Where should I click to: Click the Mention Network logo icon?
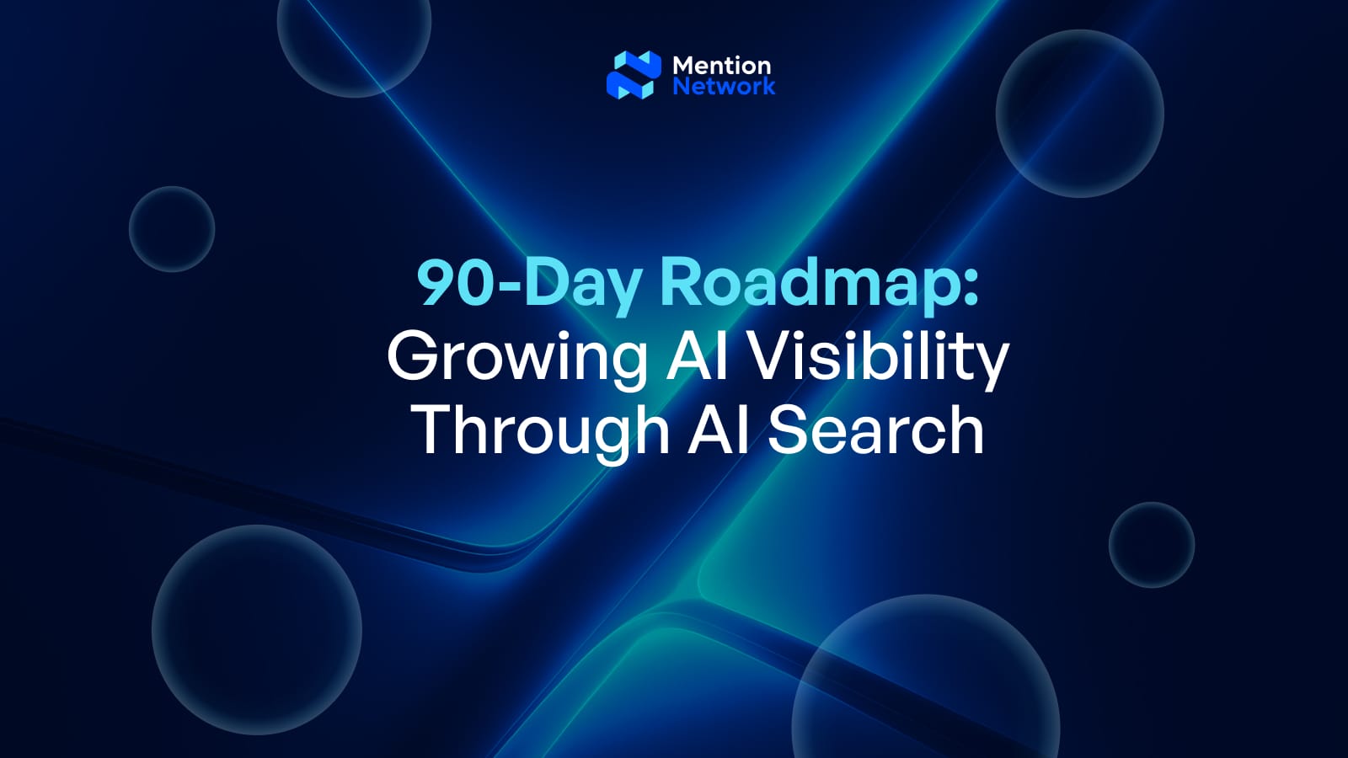[634, 75]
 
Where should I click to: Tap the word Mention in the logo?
[721, 65]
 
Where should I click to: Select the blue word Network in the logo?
[724, 86]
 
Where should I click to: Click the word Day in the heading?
[582, 284]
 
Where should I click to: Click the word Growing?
[516, 358]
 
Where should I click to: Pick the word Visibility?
[879, 357]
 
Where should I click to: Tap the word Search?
[875, 430]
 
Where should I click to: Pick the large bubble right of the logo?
[1079, 114]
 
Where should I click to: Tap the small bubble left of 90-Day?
[172, 229]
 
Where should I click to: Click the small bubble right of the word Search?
[1151, 545]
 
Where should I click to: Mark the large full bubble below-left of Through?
[257, 630]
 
